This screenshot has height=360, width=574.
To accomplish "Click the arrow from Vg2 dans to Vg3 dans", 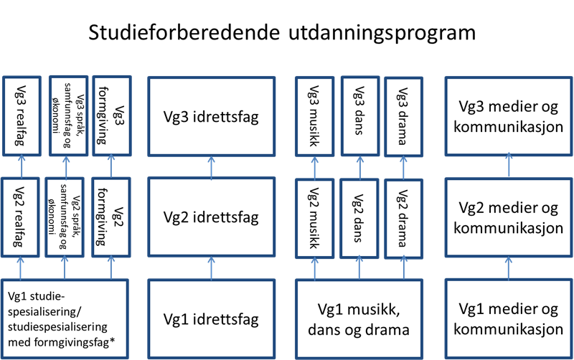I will (x=358, y=168).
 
